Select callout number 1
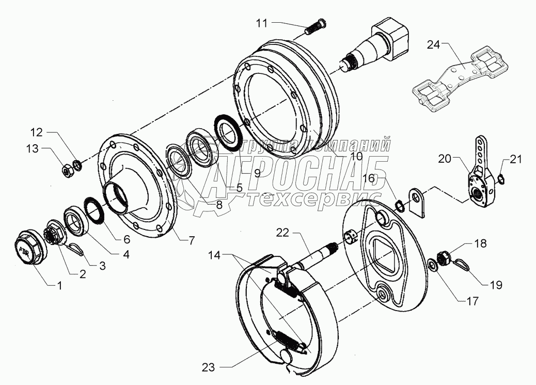[59, 285]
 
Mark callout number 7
[192, 240]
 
